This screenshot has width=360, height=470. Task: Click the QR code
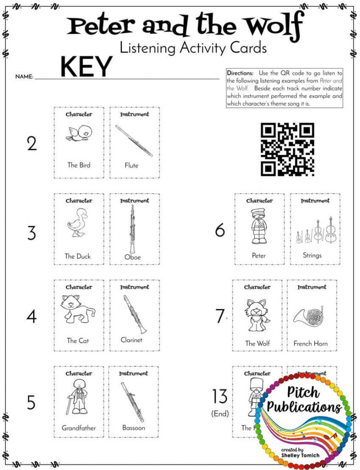click(x=287, y=149)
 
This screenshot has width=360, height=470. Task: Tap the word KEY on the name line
click(x=86, y=67)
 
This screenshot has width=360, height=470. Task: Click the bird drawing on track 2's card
click(x=78, y=133)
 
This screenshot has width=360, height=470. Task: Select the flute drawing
click(x=134, y=140)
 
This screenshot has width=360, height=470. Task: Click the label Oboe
click(x=133, y=257)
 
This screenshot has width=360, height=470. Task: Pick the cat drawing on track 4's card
click(x=78, y=309)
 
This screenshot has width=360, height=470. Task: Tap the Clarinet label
click(x=132, y=340)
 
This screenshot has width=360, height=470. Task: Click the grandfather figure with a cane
click(x=78, y=397)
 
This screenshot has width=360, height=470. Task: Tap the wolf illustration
click(x=257, y=314)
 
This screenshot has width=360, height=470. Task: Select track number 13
click(x=220, y=397)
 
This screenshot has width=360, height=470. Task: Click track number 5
click(x=31, y=403)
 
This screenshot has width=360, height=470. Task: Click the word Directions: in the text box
click(x=240, y=73)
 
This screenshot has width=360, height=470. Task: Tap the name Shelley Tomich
click(x=301, y=455)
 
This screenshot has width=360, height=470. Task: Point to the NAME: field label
click(x=24, y=77)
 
